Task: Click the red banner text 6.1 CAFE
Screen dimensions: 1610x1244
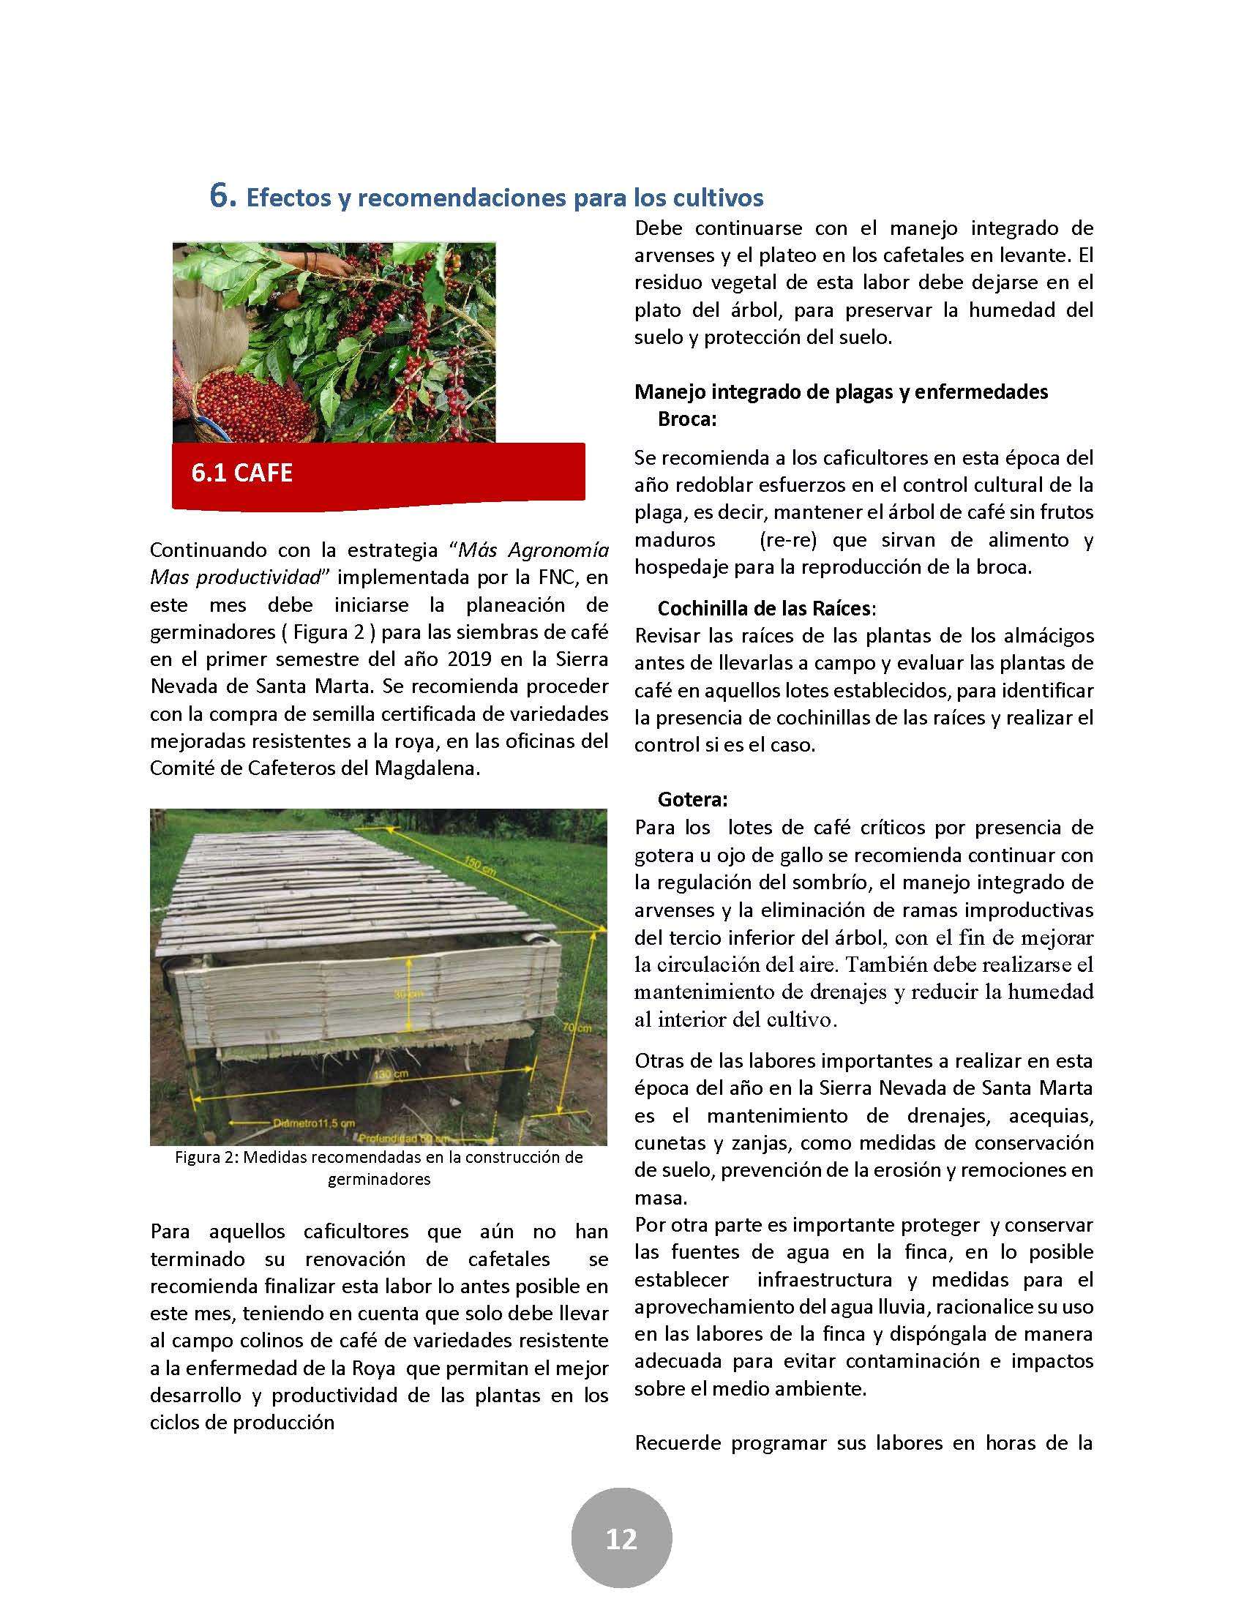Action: pos(241,472)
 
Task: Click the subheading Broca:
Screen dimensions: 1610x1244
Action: pos(687,419)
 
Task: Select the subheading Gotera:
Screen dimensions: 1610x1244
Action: pos(692,799)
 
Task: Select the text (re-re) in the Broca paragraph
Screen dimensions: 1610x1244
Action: pos(787,539)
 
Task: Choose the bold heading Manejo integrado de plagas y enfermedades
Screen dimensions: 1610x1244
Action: pos(841,392)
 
